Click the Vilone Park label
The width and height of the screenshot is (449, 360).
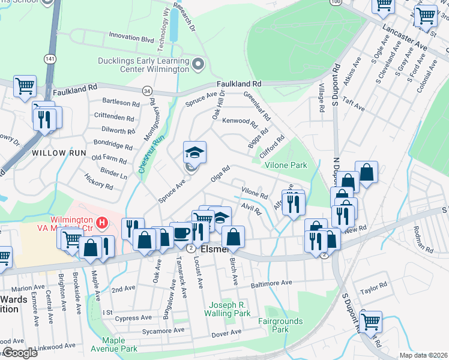coord(291,165)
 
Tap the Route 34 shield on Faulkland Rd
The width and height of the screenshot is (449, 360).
coord(147,91)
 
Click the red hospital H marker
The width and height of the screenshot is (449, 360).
coord(102,224)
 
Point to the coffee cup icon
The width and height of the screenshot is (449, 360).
coord(181,233)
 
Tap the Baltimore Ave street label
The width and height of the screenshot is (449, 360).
coord(271,283)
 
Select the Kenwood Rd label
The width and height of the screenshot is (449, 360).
coord(240,121)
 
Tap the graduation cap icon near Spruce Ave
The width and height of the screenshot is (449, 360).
coord(194,152)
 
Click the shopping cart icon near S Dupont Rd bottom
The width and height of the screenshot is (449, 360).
coord(370,322)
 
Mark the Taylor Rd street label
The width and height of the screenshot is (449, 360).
coord(371,291)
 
